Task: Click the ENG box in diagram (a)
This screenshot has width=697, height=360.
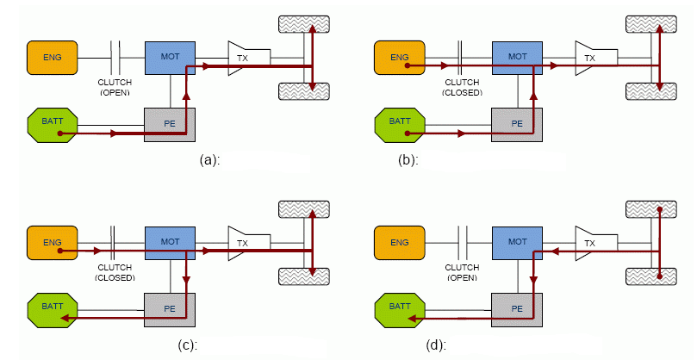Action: pos(52,57)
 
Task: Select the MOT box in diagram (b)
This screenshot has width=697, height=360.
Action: pos(518,57)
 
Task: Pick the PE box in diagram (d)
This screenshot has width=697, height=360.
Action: pos(518,307)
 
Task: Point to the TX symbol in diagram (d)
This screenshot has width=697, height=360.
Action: pos(590,243)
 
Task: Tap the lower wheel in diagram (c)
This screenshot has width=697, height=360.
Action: pos(305,275)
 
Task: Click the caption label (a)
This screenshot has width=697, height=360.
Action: pos(208,159)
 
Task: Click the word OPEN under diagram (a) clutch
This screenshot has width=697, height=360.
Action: pos(114,90)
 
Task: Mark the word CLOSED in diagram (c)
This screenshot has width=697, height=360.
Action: pos(115,277)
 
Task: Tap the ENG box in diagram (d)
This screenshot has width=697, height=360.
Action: pos(400,243)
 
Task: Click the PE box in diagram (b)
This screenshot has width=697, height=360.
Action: pos(518,123)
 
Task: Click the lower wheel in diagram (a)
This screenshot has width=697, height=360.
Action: pos(305,90)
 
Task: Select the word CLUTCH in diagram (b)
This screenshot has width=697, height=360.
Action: pos(462,82)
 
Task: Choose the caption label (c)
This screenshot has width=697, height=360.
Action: pos(208,345)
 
